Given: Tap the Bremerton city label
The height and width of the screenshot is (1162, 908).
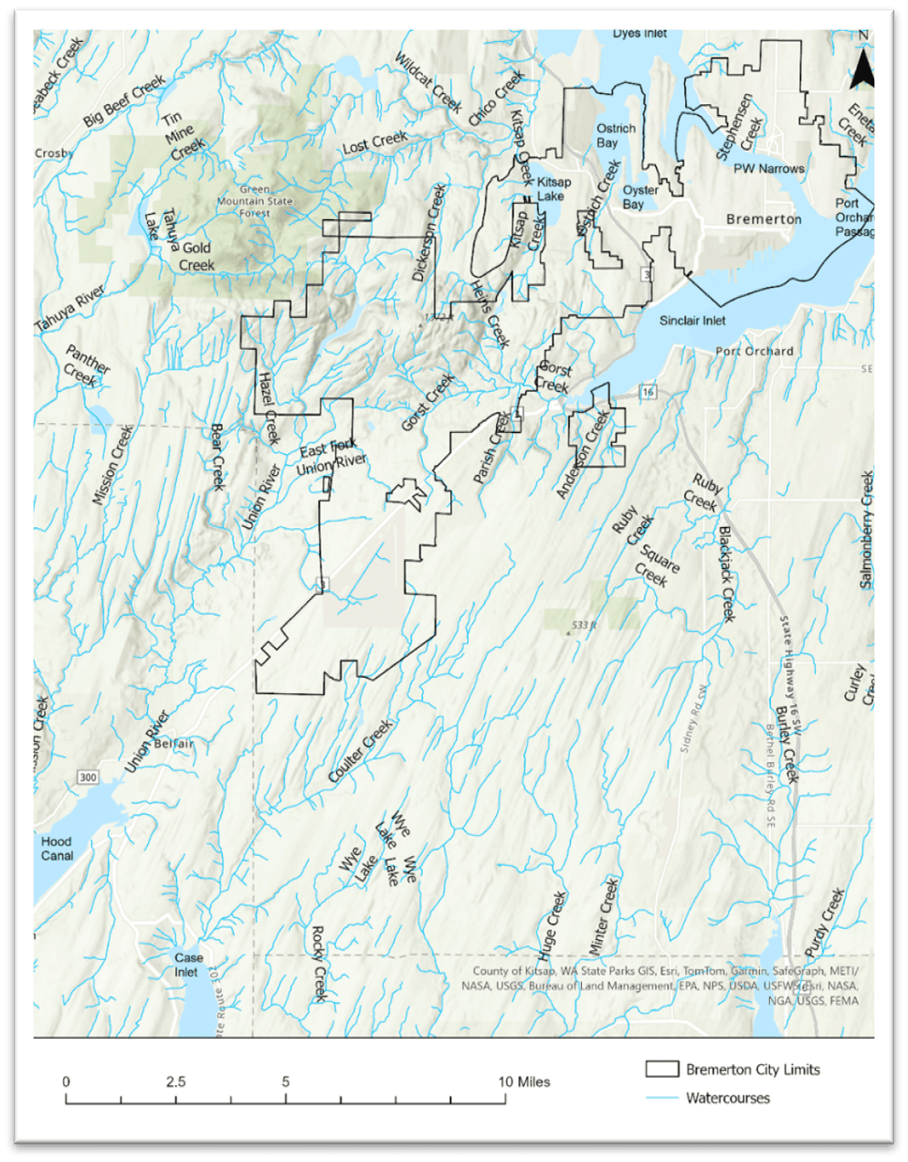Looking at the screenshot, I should (764, 219).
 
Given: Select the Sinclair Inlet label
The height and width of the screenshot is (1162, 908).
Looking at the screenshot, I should (693, 320).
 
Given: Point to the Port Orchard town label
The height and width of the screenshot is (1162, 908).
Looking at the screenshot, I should (754, 351).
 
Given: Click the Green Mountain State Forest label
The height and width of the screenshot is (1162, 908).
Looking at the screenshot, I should (243, 201).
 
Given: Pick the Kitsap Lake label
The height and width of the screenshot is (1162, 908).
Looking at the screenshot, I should (554, 188).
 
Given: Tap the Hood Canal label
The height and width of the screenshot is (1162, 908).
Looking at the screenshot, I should (57, 849).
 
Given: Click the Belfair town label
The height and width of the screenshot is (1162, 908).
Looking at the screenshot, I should (174, 744).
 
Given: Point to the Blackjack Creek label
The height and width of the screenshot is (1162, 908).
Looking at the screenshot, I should (727, 574).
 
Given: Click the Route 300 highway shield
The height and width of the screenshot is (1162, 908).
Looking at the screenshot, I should (88, 777).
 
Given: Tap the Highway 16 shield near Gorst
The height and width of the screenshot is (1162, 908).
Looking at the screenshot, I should (648, 392).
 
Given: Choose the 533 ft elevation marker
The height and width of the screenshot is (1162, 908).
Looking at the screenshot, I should (583, 626).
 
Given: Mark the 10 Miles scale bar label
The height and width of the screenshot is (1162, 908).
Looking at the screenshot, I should (524, 1082).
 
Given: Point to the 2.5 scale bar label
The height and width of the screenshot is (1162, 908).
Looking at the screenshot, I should (176, 1082).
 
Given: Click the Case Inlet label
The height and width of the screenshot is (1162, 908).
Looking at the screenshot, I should (188, 965).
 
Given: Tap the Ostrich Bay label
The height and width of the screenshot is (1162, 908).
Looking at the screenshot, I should (615, 135).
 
